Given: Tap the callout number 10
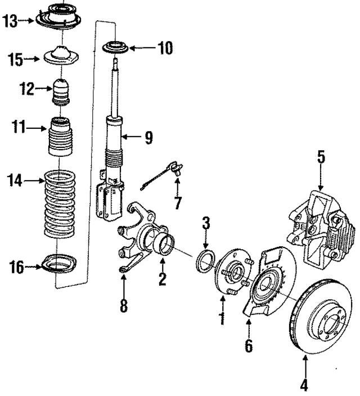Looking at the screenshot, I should pyautogui.click(x=164, y=49).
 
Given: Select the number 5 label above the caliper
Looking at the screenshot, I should pyautogui.click(x=321, y=157).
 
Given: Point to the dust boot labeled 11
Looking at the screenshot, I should pyautogui.click(x=61, y=138).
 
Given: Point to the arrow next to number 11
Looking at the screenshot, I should pyautogui.click(x=37, y=129).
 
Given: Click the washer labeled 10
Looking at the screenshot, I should pyautogui.click(x=117, y=47).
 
